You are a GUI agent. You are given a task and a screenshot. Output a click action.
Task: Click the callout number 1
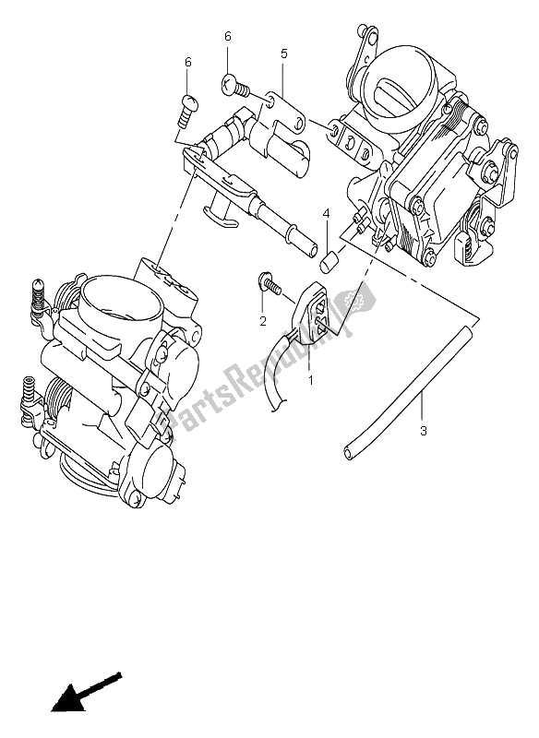(x=310, y=378)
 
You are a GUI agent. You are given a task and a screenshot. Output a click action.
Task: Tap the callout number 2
(x=262, y=321)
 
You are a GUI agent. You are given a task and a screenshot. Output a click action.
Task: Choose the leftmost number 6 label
(x=187, y=62)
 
